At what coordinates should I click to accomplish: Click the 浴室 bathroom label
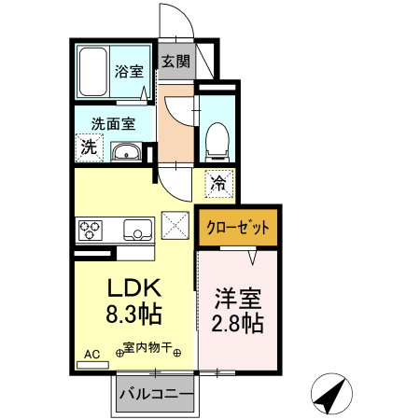coord(129,70)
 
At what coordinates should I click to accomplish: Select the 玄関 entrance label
coord(175,62)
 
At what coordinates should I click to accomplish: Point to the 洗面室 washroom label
coord(112,121)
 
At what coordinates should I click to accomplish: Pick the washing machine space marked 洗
coord(88,147)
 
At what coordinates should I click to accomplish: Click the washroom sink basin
coord(125,152)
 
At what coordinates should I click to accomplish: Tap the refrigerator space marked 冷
coord(217,183)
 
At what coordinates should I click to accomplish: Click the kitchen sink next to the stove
coord(136,229)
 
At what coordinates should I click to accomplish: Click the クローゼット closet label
coord(236,228)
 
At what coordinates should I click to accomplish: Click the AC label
coord(91,355)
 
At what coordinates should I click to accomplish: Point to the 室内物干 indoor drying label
coord(148,351)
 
